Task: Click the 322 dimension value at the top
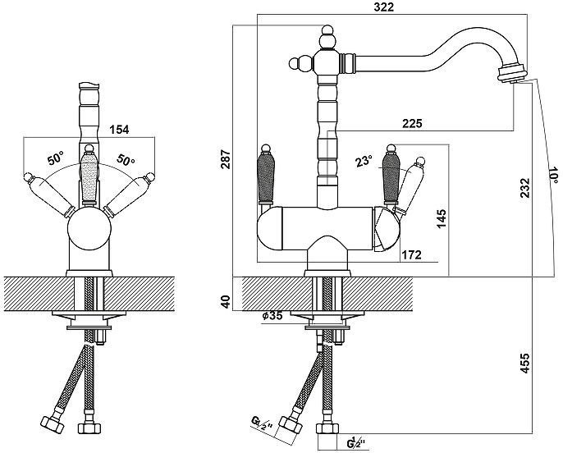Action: pos(383,7)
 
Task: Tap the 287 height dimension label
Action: pos(227,159)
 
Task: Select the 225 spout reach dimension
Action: pos(412,123)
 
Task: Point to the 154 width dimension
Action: pos(119,130)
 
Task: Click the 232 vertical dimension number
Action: pos(525,187)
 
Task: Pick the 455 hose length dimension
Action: pos(525,364)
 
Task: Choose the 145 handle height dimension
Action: pos(442,218)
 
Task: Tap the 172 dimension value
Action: pos(411,255)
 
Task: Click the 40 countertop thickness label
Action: pos(226,301)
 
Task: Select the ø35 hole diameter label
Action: pos(272,315)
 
